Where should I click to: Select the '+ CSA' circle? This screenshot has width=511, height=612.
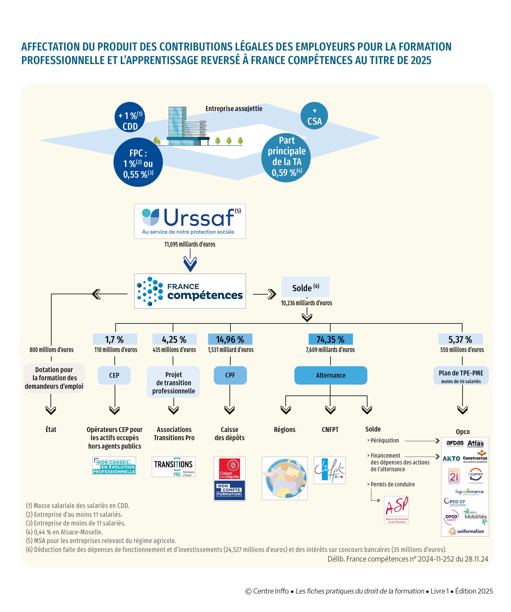coord(314,116)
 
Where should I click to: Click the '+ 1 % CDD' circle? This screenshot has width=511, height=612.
coord(130,117)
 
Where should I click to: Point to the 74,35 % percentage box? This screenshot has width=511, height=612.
coord(330,339)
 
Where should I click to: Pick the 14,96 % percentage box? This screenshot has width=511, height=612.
coord(230,339)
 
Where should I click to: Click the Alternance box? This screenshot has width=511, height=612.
coord(330,375)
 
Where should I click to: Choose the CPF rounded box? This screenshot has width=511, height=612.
coord(230,375)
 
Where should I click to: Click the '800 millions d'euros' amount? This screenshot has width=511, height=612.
coord(52,350)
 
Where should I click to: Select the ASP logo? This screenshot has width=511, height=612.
coord(396,510)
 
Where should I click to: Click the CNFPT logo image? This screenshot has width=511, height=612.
coord(330,470)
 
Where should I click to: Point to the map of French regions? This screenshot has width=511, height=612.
coord(284,478)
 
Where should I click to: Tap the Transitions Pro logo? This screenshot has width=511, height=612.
coord(173,467)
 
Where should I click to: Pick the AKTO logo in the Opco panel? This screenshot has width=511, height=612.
coord(451,459)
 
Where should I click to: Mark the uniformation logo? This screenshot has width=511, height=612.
coord(466,531)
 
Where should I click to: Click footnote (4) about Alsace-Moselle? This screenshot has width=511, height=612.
coord(64,532)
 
